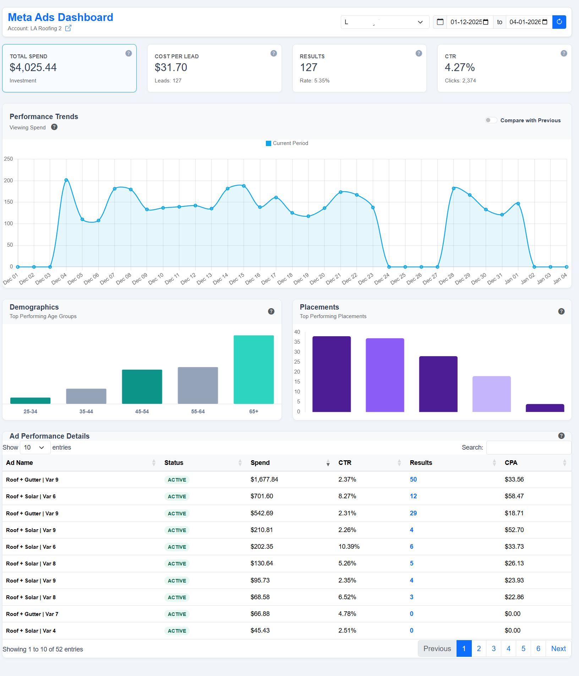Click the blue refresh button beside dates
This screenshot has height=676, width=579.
[x=559, y=22]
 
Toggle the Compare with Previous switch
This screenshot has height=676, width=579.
[x=491, y=120]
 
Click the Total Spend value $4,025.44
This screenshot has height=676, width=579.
[x=33, y=68]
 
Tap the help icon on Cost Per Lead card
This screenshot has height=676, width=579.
[x=273, y=53]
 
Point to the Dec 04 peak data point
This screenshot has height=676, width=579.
[x=66, y=180]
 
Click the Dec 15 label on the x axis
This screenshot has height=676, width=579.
[x=237, y=279]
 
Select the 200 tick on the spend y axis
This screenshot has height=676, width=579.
[x=9, y=181]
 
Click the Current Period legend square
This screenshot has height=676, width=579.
[x=268, y=143]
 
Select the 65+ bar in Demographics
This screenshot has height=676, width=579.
[x=253, y=369]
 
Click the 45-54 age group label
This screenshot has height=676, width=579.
[x=142, y=412]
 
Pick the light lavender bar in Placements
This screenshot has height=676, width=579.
[x=491, y=394]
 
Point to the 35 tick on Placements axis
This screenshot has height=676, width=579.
[x=297, y=342]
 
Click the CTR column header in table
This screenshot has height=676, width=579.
[x=345, y=463]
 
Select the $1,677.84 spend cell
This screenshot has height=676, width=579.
[x=264, y=479]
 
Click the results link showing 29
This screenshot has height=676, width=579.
[x=413, y=513]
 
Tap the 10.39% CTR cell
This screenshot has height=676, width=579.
[x=349, y=547]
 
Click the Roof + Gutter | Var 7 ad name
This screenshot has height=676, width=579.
[x=32, y=614]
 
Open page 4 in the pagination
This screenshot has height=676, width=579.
[x=508, y=649]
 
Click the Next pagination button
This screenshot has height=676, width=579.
[x=558, y=649]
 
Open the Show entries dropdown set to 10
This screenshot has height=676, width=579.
[x=34, y=447]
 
